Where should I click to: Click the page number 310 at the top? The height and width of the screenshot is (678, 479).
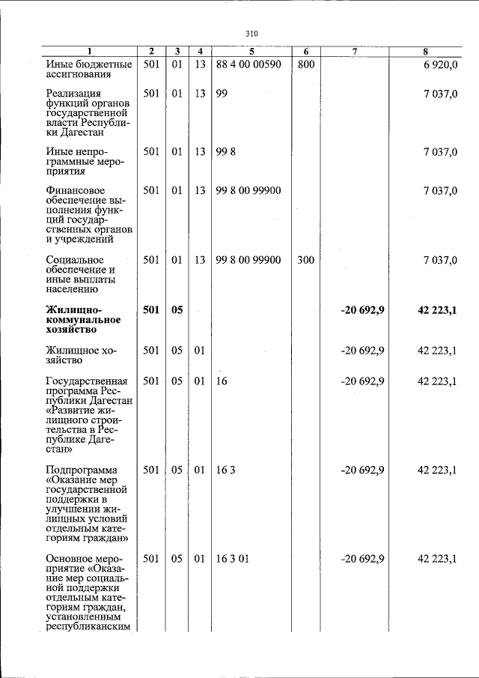[x=251, y=34]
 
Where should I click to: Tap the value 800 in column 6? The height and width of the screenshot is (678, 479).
[x=306, y=64]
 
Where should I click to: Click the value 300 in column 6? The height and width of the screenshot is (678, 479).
[x=306, y=260]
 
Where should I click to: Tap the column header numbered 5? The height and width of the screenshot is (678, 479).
[x=251, y=52]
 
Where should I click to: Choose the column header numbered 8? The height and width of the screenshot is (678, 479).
[x=425, y=52]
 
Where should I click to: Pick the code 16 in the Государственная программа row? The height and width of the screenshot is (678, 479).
[x=221, y=381]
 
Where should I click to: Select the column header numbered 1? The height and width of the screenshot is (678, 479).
[x=88, y=52]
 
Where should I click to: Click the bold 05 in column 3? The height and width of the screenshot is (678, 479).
[x=177, y=309]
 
